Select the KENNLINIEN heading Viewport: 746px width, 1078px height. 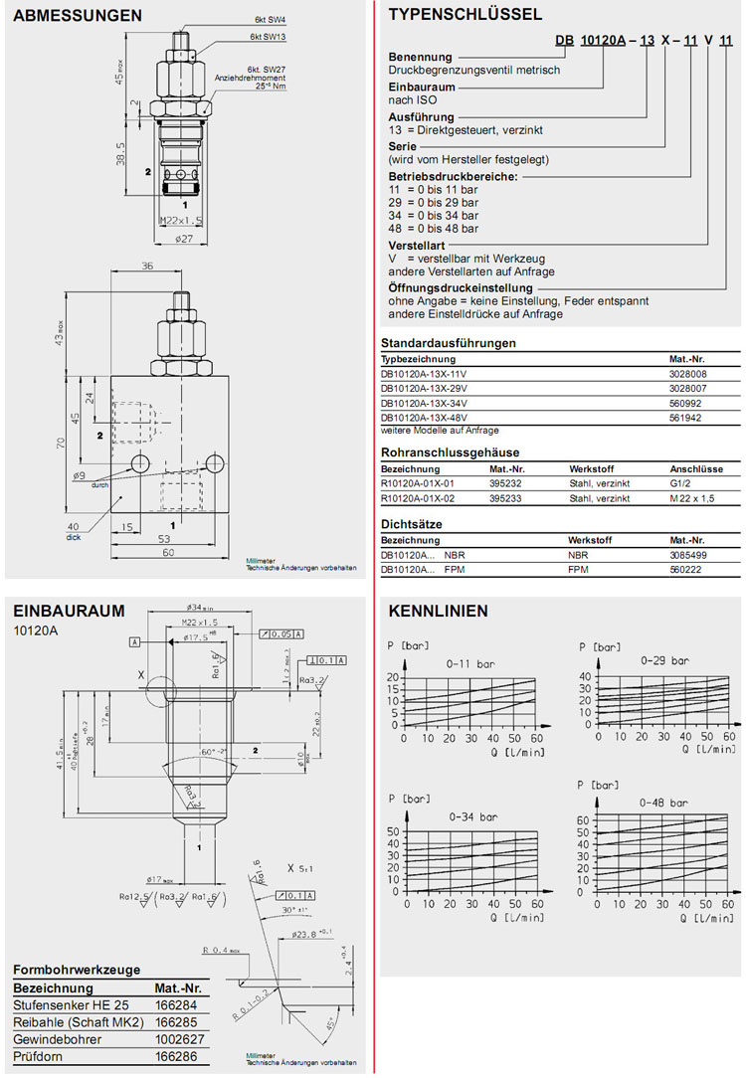[438, 611]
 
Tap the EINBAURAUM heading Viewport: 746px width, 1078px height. [69, 611]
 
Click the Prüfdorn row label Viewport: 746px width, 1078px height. [37, 1057]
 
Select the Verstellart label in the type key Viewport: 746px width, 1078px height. [416, 245]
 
